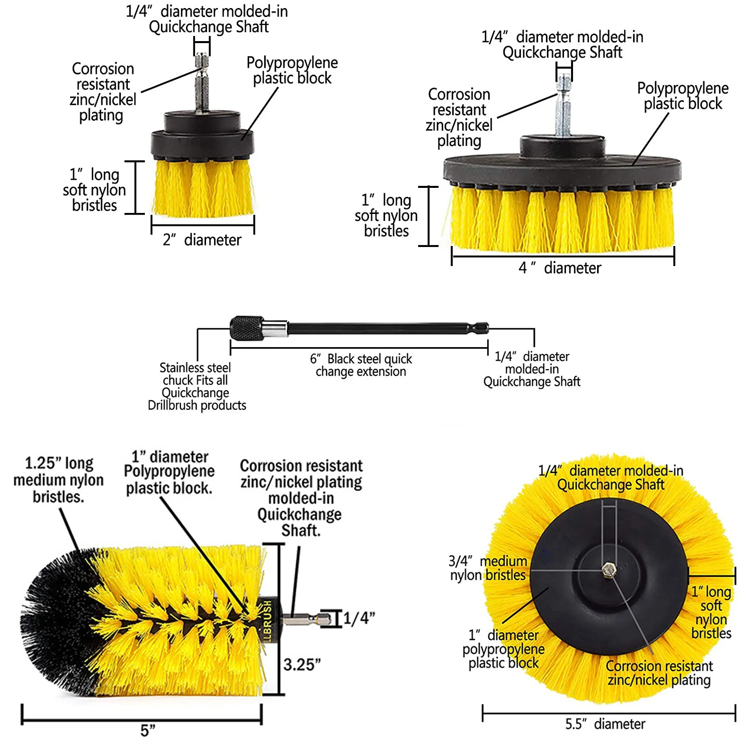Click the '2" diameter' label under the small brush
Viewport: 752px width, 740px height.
point(202,240)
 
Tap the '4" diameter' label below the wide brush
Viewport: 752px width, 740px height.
point(559,268)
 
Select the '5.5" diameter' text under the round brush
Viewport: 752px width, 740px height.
point(605,724)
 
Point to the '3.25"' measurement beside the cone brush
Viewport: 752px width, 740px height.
point(302,665)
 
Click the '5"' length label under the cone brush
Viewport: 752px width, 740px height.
point(148,730)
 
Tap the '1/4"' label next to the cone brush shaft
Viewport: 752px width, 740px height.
point(359,618)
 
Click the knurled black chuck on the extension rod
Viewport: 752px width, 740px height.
point(247,328)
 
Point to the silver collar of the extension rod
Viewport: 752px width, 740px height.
point(275,329)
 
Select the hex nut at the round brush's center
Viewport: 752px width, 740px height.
point(609,569)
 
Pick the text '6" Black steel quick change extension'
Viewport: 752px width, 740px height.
point(361,365)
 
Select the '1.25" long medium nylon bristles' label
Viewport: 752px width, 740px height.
point(59,480)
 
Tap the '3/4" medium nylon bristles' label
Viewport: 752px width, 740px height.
point(488,568)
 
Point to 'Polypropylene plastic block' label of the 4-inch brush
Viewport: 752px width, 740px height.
point(683,96)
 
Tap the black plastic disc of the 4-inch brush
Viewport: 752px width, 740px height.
point(562,168)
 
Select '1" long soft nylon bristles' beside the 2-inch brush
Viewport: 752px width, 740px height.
point(94,190)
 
